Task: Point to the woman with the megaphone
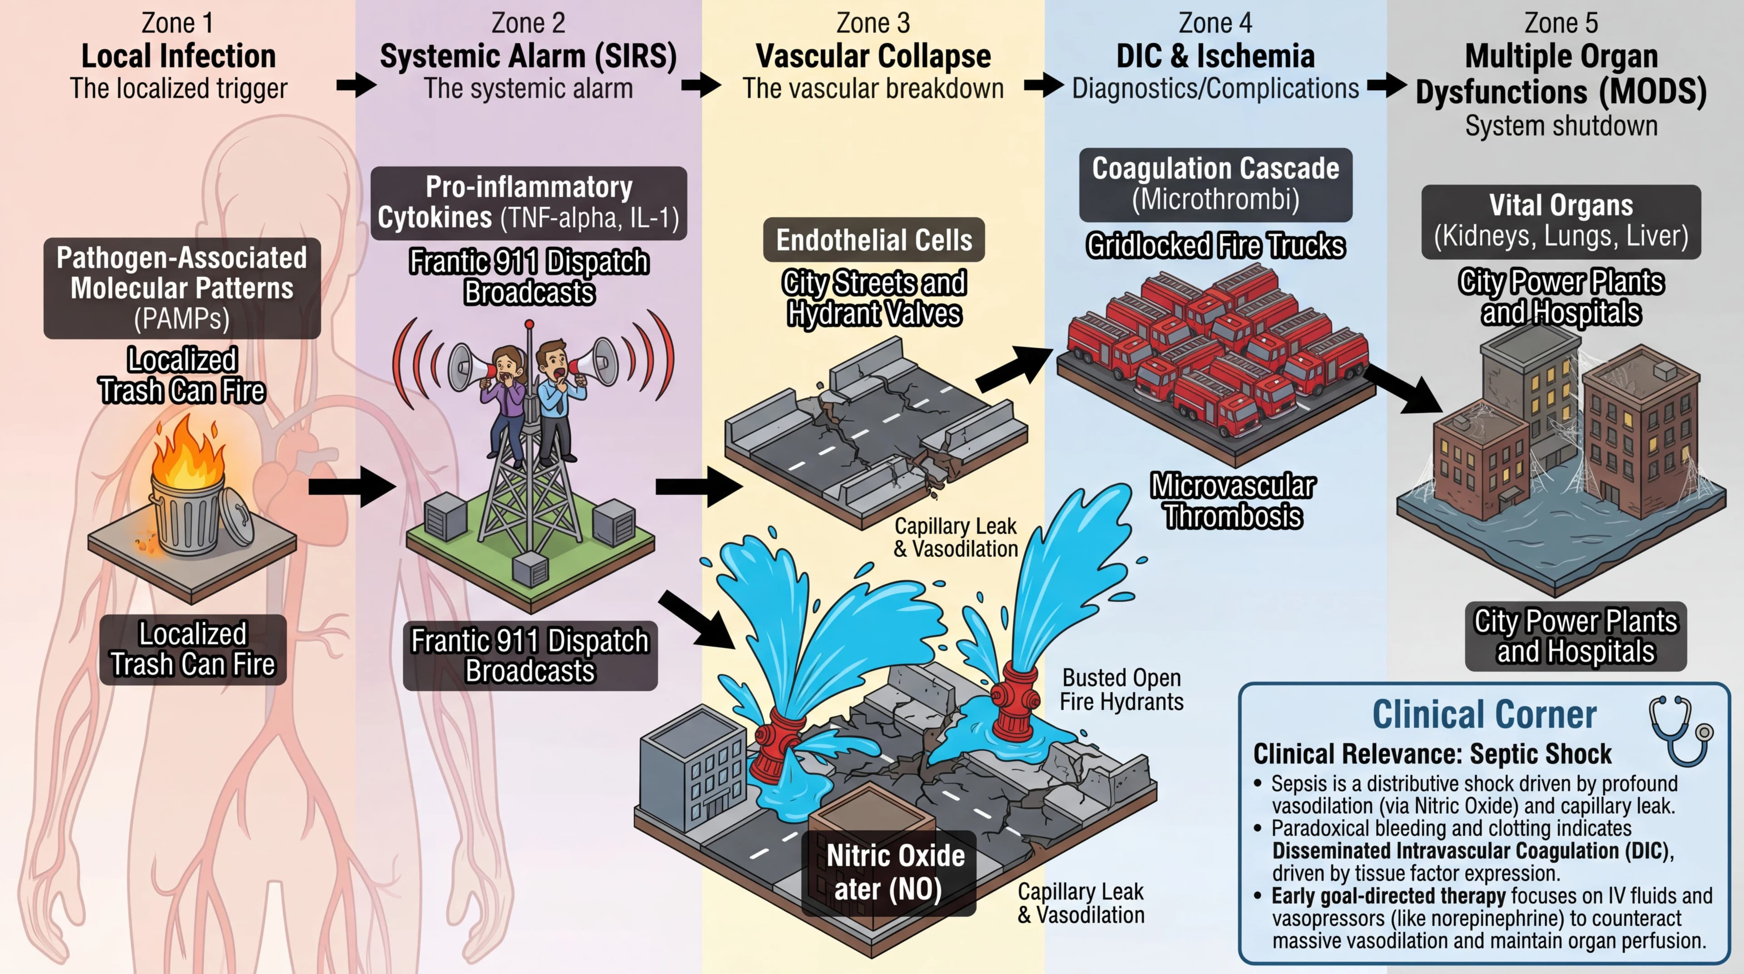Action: click(505, 393)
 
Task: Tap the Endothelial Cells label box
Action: click(873, 240)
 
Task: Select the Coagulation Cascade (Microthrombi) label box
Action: click(1215, 184)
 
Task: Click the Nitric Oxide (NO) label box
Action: click(889, 872)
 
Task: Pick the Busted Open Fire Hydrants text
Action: click(1121, 689)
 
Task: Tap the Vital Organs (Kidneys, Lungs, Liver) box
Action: click(1561, 221)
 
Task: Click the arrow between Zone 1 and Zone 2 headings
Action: click(356, 85)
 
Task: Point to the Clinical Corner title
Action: click(1484, 714)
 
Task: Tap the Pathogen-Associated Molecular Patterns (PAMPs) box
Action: click(182, 288)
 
